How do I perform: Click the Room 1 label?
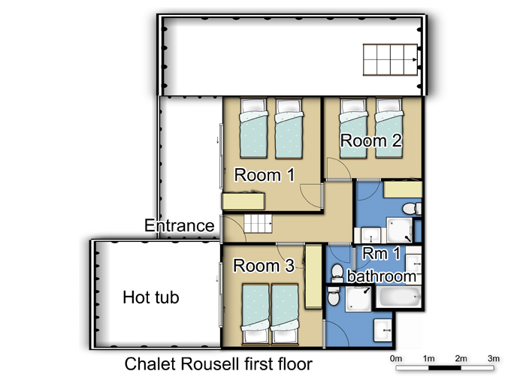[265, 175]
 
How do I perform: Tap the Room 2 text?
[371, 140]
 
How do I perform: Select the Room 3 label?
[264, 265]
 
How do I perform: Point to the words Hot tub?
[151, 297]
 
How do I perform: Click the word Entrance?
[180, 225]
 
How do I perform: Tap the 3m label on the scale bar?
[494, 358]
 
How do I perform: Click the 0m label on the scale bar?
[396, 358]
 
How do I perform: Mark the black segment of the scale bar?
[445, 368]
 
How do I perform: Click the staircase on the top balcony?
[391, 60]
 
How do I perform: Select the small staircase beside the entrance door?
[258, 224]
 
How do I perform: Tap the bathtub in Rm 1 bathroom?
[399, 297]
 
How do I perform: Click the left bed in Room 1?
[253, 128]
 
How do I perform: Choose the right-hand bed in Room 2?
[389, 128]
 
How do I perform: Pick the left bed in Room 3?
[255, 314]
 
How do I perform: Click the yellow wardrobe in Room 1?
[243, 201]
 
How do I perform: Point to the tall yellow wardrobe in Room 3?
[313, 277]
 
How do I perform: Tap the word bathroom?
[381, 276]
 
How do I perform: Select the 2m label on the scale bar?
[461, 358]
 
